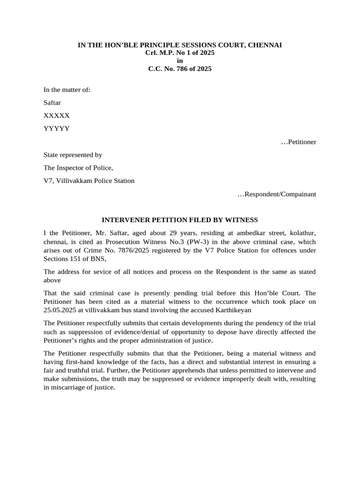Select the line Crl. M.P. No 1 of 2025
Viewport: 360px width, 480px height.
click(x=180, y=53)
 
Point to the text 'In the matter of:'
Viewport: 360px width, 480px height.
click(x=67, y=90)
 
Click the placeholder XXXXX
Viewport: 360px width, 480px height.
click(x=57, y=115)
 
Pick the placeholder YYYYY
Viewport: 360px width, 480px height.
click(x=57, y=128)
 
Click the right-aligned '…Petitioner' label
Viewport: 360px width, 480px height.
click(x=298, y=142)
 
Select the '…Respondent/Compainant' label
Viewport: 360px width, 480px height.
click(x=277, y=194)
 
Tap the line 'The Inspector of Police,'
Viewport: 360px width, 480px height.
click(x=78, y=167)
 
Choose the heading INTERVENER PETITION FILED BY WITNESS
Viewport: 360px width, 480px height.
click(x=180, y=219)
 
